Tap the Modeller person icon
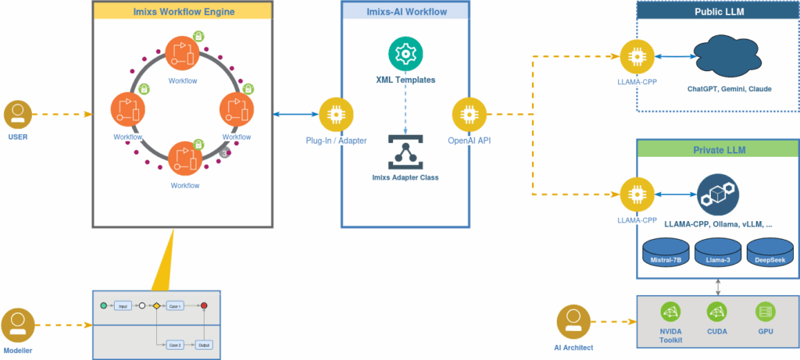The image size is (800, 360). pyautogui.click(x=16, y=323)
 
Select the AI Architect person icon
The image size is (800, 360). pyautogui.click(x=573, y=320)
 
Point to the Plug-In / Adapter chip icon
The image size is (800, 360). pyautogui.click(x=337, y=114)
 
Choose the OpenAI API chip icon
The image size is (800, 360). pyautogui.click(x=469, y=114)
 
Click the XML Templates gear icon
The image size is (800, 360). pyautogui.click(x=405, y=54)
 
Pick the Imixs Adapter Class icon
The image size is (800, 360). pyautogui.click(x=405, y=150)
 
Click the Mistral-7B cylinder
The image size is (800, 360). pyautogui.click(x=666, y=255)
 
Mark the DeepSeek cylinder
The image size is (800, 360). pyautogui.click(x=770, y=255)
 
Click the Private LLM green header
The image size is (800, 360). pyautogui.click(x=717, y=149)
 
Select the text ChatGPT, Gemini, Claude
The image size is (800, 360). pyautogui.click(x=729, y=89)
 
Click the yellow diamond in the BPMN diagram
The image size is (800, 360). pyautogui.click(x=155, y=306)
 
